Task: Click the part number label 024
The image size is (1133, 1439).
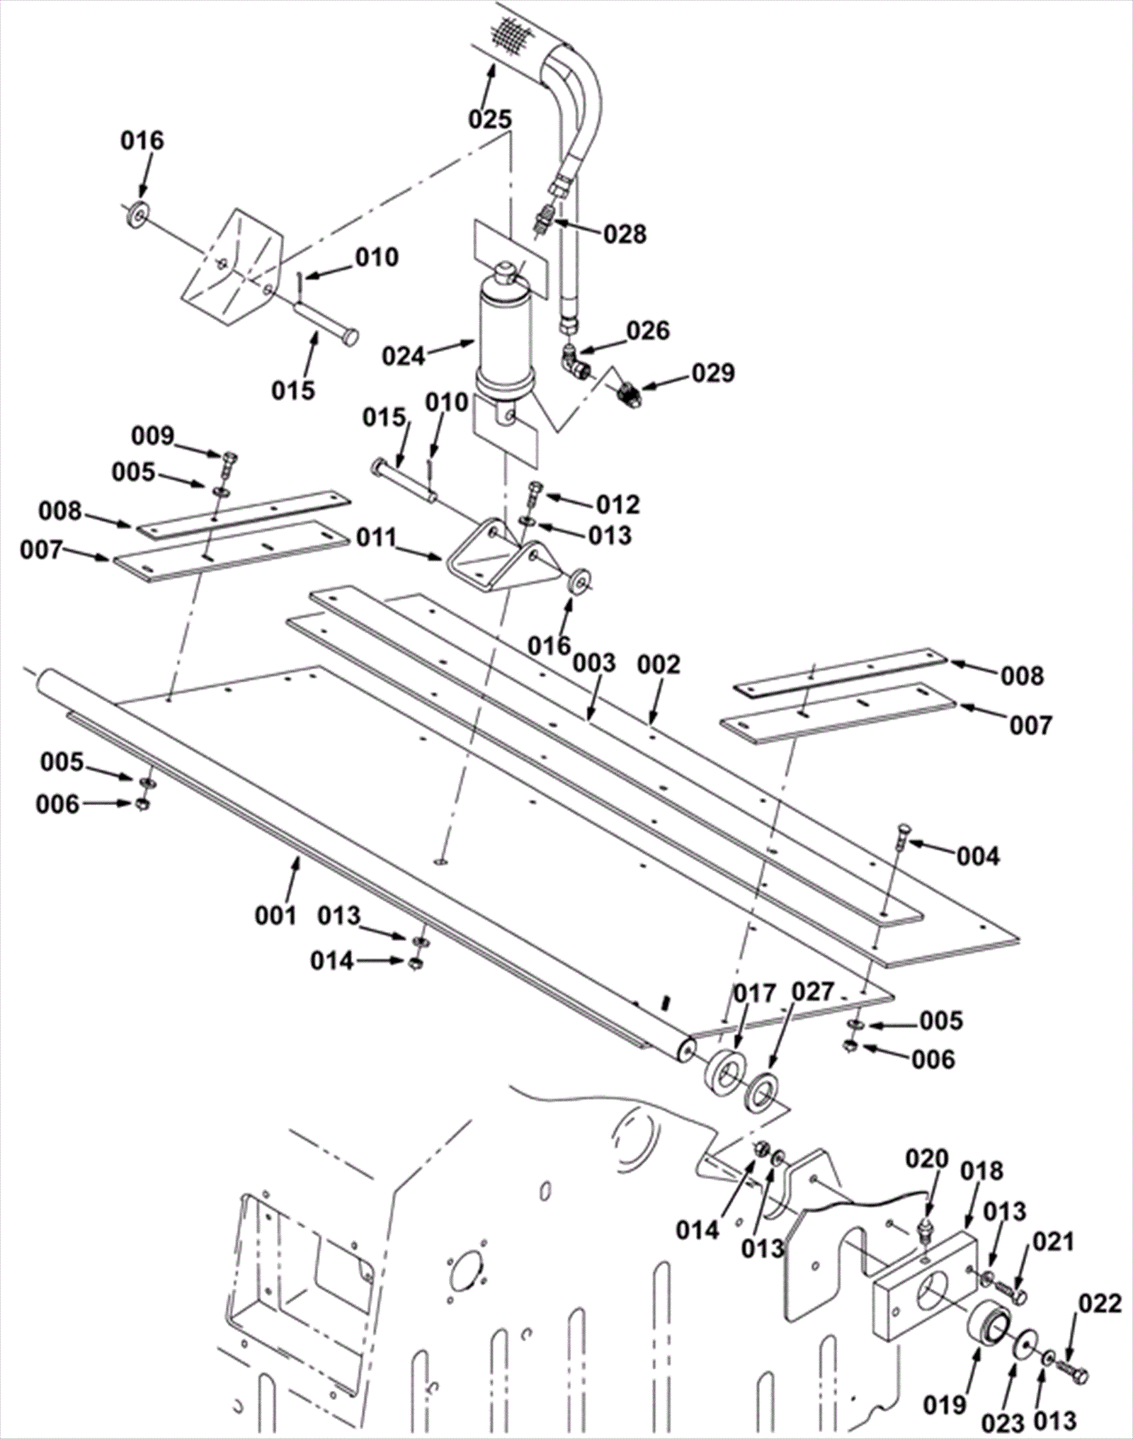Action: pyautogui.click(x=404, y=356)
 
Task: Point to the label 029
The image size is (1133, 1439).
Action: pyautogui.click(x=713, y=373)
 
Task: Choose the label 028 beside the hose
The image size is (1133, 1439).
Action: pyautogui.click(x=625, y=234)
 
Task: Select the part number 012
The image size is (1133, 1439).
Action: pyautogui.click(x=617, y=504)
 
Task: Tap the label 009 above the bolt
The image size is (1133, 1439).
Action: pyautogui.click(x=154, y=436)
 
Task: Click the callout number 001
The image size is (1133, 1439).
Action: pyautogui.click(x=276, y=915)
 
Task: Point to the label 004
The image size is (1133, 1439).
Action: pyautogui.click(x=978, y=856)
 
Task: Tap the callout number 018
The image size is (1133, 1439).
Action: pyautogui.click(x=981, y=1171)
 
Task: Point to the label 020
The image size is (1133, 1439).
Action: pyautogui.click(x=928, y=1159)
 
